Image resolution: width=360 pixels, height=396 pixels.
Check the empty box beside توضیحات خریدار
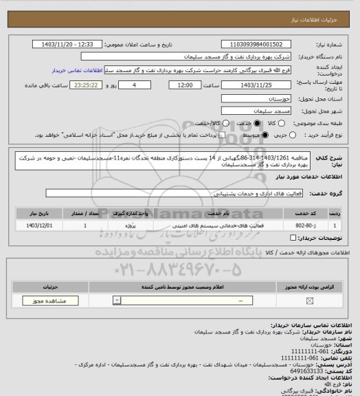[293, 238]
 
